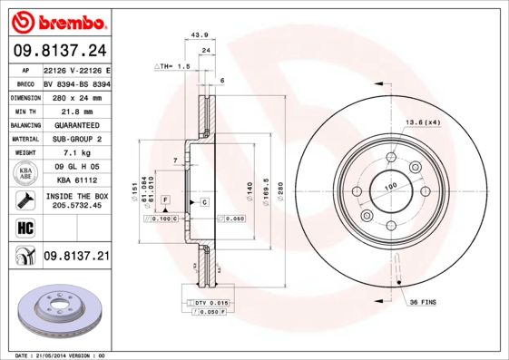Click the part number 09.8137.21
tap(76, 258)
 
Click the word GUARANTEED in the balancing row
tap(76, 125)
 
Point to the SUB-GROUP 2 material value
tap(76, 139)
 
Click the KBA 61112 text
tap(76, 180)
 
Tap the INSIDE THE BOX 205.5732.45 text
tap(76, 200)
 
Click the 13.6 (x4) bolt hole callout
tap(423, 122)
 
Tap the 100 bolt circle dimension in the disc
tap(392, 187)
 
